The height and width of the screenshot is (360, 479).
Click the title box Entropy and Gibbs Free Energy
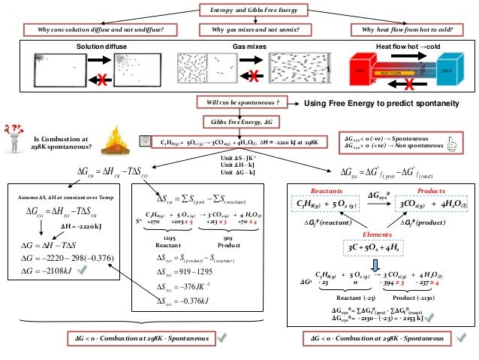coord(239,10)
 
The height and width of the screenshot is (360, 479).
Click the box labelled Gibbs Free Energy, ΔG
coord(239,120)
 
